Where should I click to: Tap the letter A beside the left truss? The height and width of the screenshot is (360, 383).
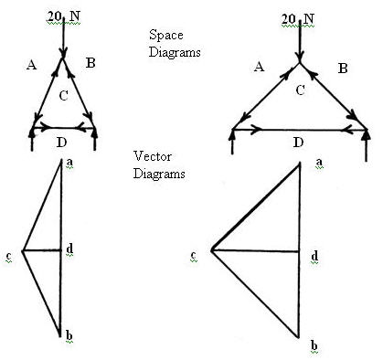coord(32,64)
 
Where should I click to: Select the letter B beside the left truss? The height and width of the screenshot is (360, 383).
coord(90,62)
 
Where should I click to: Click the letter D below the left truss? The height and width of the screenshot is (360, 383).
coord(61,142)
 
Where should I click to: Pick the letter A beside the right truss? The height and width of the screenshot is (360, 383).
coord(260,67)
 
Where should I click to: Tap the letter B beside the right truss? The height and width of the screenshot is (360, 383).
coord(342,68)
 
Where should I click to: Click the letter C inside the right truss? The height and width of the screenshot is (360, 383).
coord(299,90)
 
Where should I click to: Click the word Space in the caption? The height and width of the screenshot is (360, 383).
coord(165,35)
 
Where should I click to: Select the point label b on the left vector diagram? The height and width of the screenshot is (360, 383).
coord(68,335)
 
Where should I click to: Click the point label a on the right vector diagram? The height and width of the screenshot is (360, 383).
coord(318,163)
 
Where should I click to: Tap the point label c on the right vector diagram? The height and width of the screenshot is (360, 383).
coord(193,256)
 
